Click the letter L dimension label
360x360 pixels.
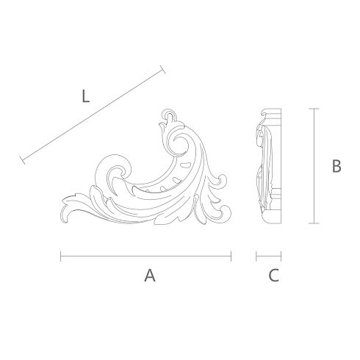(85, 96)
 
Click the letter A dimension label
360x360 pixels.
(150, 276)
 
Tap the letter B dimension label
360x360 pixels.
(336, 166)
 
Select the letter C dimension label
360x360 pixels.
(274, 276)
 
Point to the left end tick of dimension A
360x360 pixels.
(61, 256)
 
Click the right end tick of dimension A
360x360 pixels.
(231, 256)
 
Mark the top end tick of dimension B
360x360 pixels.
(314, 109)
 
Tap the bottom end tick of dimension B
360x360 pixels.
(314, 223)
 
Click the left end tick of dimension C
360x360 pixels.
(256, 256)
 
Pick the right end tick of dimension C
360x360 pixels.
(281, 256)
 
